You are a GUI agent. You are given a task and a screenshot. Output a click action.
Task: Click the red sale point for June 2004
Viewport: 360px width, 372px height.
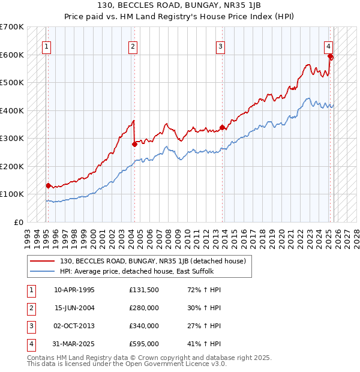(x=134, y=144)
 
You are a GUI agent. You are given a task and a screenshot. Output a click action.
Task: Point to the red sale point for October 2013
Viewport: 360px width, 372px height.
(x=222, y=127)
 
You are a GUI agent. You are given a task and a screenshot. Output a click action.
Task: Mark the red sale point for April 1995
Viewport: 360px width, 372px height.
(x=48, y=185)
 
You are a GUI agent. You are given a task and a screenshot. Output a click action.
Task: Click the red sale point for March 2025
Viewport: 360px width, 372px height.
(x=331, y=57)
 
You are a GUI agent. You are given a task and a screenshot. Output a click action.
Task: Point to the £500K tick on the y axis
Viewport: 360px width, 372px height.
(x=13, y=83)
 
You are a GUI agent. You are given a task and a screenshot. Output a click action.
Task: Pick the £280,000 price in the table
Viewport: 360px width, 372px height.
(x=144, y=308)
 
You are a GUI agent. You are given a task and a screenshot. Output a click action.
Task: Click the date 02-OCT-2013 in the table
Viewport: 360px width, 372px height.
(x=74, y=326)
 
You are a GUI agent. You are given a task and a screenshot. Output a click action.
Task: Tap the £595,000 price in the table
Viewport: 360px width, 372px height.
(x=144, y=344)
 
